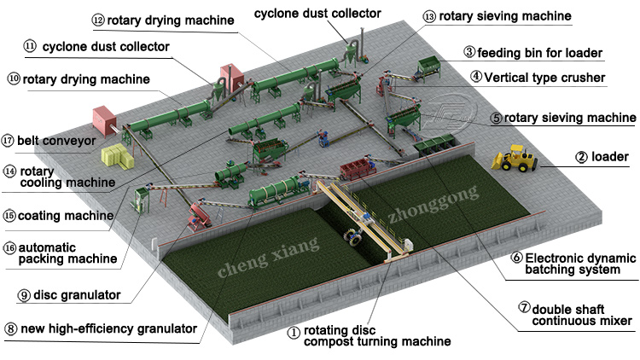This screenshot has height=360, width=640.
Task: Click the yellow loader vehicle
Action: tap(517, 160)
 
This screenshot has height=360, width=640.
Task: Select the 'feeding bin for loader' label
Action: tap(541, 52)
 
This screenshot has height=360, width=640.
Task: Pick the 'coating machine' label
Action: tap(64, 215)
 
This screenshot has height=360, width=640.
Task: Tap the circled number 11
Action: tap(30, 46)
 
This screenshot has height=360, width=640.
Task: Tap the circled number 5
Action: tap(496, 118)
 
